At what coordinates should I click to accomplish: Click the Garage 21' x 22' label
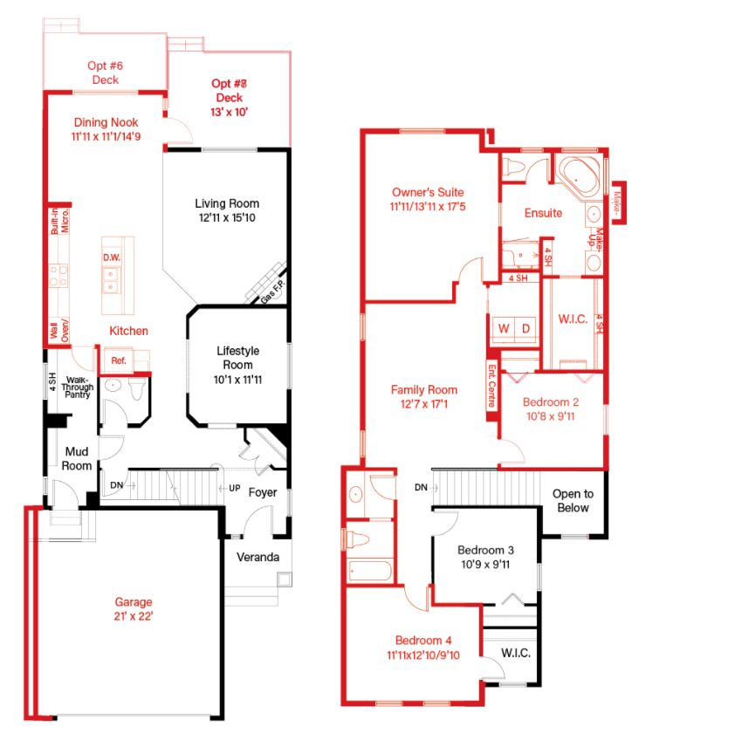coord(134,608)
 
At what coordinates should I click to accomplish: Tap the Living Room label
coord(227,210)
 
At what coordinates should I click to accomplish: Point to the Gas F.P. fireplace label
coord(271,295)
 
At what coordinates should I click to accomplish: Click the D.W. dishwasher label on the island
coord(112,257)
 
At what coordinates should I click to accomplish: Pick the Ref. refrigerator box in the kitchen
coord(117,360)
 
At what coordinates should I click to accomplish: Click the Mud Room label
coord(76,458)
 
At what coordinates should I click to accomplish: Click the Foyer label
coord(263,492)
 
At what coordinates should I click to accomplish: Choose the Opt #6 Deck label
coord(105,72)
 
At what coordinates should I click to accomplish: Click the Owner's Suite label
coord(428,199)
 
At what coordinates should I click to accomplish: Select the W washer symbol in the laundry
coord(503,328)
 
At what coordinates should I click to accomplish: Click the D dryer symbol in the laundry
coord(525,328)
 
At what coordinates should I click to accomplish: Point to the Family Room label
coord(423,397)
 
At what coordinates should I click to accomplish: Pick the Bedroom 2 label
coord(551,409)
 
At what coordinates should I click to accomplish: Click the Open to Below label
coord(573,501)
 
